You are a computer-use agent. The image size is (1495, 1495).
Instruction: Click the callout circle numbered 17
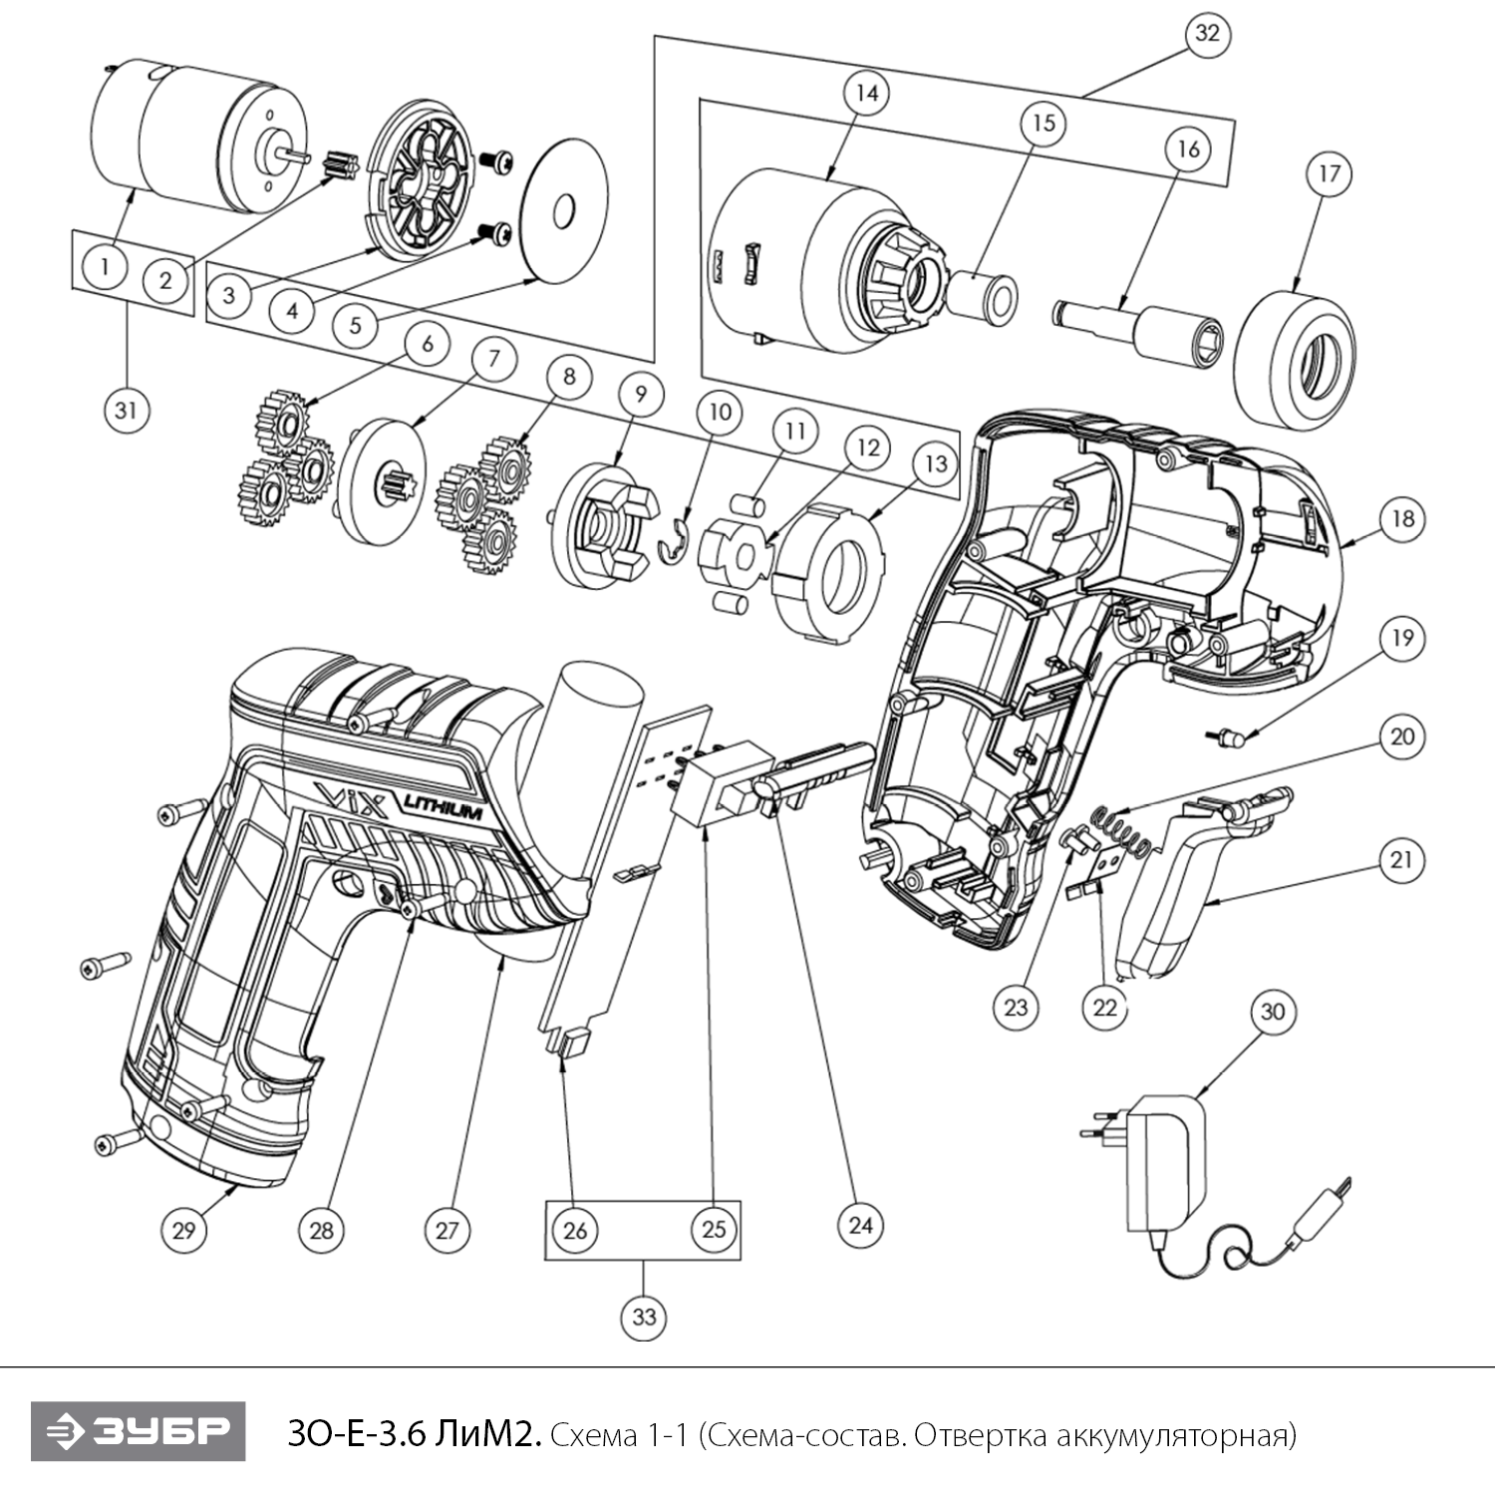(1330, 174)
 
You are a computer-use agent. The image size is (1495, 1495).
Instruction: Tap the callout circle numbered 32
(1207, 34)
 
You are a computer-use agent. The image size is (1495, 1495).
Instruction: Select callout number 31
(127, 410)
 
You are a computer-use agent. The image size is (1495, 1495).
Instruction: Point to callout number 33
(644, 1318)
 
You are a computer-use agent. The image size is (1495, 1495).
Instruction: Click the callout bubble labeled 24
(860, 1224)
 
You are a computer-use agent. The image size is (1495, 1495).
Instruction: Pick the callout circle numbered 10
(720, 412)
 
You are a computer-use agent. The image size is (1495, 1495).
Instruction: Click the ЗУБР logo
(139, 1432)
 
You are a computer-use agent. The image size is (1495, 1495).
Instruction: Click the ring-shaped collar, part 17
(1296, 361)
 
